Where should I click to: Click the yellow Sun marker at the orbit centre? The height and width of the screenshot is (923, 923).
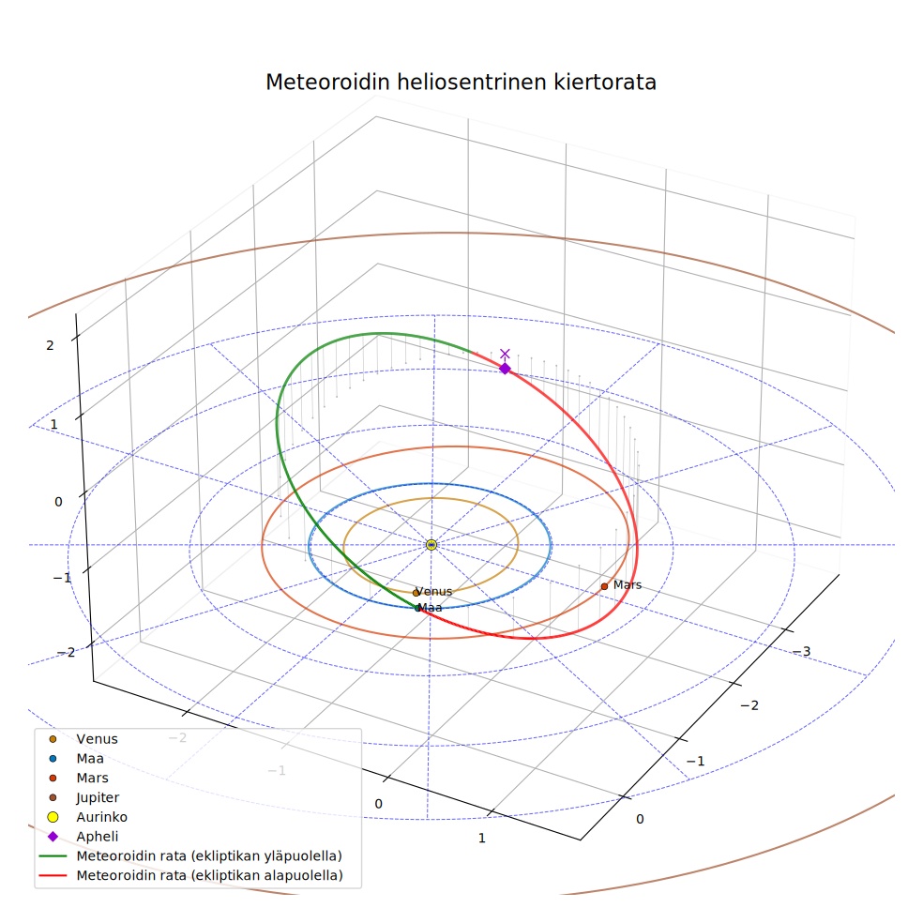[x=431, y=544]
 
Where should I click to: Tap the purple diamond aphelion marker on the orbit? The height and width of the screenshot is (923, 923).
[x=505, y=369]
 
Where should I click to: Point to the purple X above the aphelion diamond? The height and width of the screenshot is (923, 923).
[x=505, y=354]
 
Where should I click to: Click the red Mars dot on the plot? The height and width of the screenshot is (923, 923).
[x=604, y=586]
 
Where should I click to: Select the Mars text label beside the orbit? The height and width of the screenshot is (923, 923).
[x=628, y=584]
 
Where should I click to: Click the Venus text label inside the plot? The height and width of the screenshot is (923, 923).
[x=434, y=591]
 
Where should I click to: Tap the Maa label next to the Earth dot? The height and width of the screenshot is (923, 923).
[x=430, y=608]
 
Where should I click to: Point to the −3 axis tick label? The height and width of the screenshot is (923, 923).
[x=801, y=651]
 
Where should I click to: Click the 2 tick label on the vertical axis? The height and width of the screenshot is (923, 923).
[x=50, y=345]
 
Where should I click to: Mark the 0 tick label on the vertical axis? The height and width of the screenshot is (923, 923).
[x=58, y=502]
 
